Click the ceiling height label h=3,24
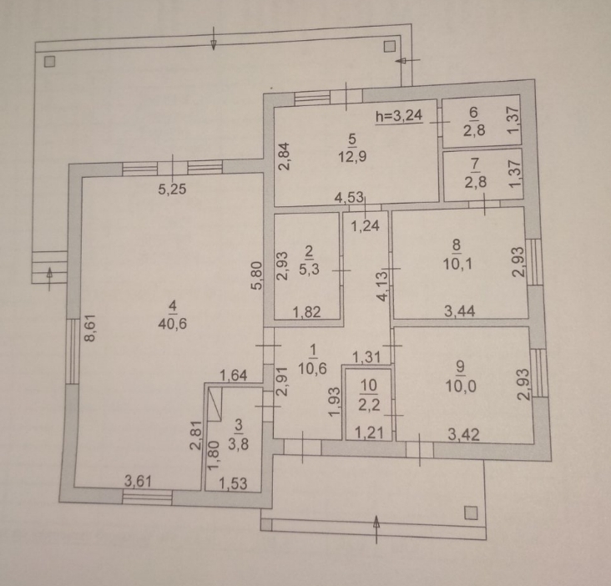pos(399,115)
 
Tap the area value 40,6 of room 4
pos(172,323)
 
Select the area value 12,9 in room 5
pos(352,157)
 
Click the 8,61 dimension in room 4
pos(90,328)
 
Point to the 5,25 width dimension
pos(172,189)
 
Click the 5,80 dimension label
pos(257,275)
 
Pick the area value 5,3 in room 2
pos(309,269)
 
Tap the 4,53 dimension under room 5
pos(349,197)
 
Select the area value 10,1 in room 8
pos(457,264)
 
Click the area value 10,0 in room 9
pos(461,386)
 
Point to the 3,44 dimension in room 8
pos(460,311)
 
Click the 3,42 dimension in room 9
pos(464,434)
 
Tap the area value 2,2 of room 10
pos(369,404)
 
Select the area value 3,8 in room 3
pos(238,443)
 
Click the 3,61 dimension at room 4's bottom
pos(138,481)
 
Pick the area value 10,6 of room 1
pos(312,368)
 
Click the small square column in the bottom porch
pos(471,513)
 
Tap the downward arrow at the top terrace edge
pos(213,38)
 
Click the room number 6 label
pos(473,113)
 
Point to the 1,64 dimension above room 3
pos(234,375)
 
